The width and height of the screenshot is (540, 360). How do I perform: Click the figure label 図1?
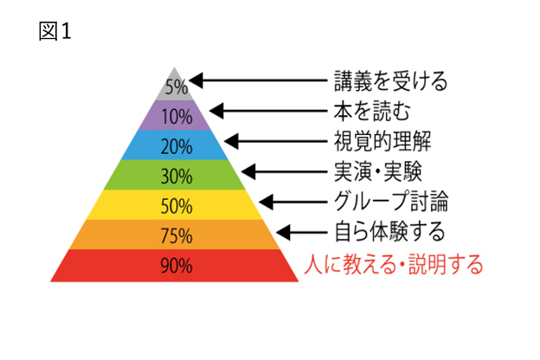(x=55, y=31)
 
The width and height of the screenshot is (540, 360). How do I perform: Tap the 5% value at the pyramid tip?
(x=177, y=87)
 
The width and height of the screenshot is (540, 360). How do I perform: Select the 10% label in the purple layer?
(x=177, y=117)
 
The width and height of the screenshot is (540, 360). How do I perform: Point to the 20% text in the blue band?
(x=177, y=146)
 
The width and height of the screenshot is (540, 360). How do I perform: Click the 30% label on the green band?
(x=177, y=176)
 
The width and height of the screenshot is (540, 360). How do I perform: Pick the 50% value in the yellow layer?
(x=177, y=206)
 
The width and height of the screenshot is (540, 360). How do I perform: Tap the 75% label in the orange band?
(x=177, y=236)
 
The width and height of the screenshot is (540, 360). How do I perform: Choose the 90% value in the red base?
(x=177, y=266)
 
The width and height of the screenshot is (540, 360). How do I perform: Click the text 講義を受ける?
(x=391, y=81)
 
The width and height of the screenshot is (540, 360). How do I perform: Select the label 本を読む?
(x=372, y=112)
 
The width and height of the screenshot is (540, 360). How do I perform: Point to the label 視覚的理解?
(x=382, y=141)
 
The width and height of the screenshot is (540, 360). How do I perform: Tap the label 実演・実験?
(x=378, y=171)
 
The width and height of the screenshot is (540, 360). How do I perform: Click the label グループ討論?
(x=391, y=201)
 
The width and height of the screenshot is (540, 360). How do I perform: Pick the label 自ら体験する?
(x=389, y=231)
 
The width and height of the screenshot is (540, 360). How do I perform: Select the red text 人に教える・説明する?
(x=394, y=264)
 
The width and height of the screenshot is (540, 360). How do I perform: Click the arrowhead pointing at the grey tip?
(x=196, y=80)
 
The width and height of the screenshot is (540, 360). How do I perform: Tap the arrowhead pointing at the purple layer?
(x=216, y=111)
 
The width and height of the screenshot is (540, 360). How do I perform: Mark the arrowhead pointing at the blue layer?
(x=231, y=141)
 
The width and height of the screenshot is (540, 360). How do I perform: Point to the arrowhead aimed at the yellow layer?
(x=266, y=202)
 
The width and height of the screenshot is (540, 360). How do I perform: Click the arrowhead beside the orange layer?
(x=283, y=233)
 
